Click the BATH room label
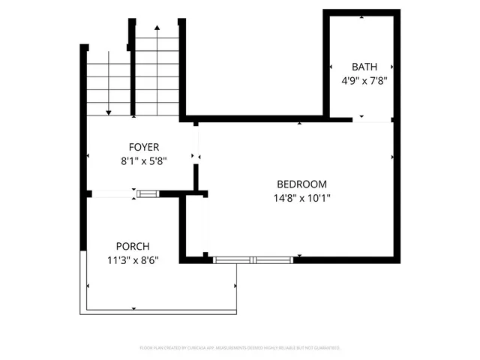pos(359,66)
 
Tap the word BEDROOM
pos(301,184)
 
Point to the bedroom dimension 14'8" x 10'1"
pos(301,198)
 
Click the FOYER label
pos(143,147)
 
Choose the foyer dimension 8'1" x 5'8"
pos(143,160)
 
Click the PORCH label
pos(132,246)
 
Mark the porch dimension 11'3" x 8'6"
pos(132,259)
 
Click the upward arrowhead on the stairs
pos(157,28)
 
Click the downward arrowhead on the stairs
pos(109,112)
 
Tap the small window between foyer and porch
pos(148,193)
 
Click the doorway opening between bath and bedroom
pos(372,119)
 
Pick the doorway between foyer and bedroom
pos(197,147)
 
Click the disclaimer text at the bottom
pos(240,348)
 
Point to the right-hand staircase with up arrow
pos(157,71)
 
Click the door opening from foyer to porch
pos(112,194)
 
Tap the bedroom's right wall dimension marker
pos(393,157)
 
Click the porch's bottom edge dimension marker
pos(133,308)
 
